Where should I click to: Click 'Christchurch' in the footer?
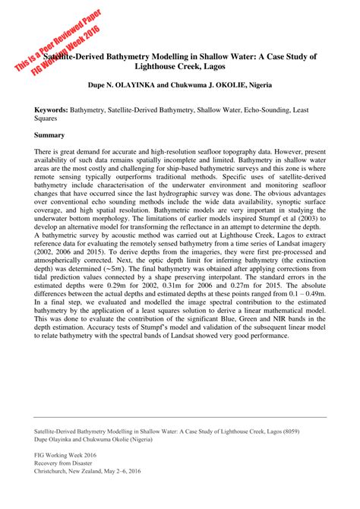[53, 471]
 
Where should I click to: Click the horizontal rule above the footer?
[180, 416]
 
